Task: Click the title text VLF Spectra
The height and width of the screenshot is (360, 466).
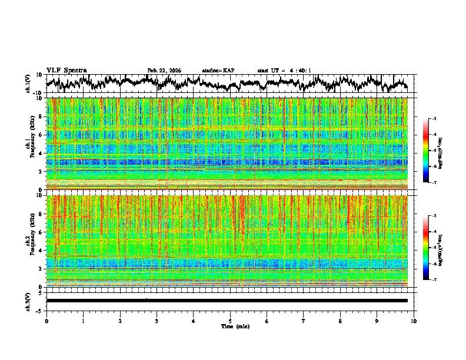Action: pos(66,71)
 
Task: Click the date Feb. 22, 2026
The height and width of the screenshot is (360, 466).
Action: pos(164,71)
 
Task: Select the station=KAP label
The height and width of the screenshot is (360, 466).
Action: pos(218,71)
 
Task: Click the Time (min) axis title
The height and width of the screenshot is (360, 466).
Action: pos(234,326)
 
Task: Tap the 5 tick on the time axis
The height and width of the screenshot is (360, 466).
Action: pos(230,321)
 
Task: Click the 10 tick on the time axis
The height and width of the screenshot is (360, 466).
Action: pos(414,321)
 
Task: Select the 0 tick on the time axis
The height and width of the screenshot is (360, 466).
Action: pos(46,321)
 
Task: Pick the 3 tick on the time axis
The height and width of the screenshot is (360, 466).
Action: pos(157,321)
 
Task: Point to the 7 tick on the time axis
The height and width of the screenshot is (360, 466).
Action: pos(304,321)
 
